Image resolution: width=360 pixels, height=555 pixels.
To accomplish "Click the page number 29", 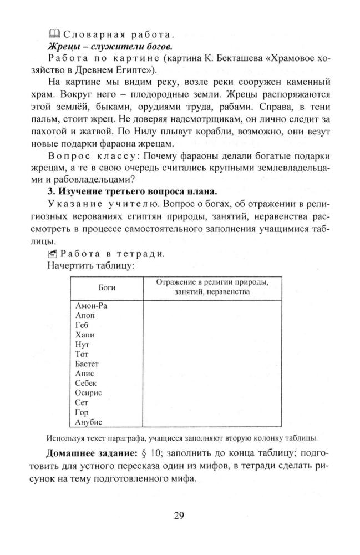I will click(179, 516).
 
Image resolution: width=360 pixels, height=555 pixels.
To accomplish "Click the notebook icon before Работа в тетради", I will click(53, 254).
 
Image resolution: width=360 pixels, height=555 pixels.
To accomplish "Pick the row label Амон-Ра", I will click(90, 305).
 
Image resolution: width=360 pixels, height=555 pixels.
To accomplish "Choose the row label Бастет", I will click(87, 364).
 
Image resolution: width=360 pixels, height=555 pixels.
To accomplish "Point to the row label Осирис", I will click(87, 393).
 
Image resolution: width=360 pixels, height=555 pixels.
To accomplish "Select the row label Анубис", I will click(88, 422).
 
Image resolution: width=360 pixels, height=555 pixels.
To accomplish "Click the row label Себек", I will click(85, 384).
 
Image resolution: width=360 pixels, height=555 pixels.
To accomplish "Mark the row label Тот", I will click(81, 354).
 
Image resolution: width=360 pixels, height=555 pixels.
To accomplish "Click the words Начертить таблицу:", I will click(90, 266).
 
